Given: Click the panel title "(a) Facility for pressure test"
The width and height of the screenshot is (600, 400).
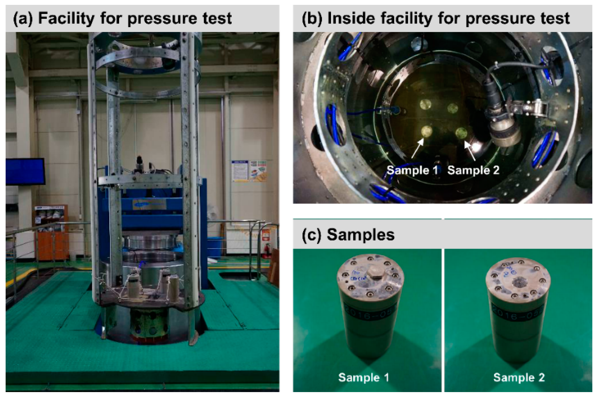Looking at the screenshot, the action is (122, 18).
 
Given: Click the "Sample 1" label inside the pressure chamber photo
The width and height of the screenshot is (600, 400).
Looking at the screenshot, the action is (412, 170).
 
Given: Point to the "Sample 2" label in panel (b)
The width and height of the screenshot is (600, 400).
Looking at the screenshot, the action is (473, 170).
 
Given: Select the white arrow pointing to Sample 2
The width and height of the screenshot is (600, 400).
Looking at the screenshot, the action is (470, 151).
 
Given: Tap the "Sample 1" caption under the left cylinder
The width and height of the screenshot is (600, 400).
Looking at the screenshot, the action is (364, 377).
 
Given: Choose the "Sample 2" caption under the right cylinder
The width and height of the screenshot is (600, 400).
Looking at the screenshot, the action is (519, 377).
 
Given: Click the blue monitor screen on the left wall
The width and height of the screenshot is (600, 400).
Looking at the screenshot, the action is (25, 171).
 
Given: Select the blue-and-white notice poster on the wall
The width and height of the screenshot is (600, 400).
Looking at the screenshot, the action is (240, 171).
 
